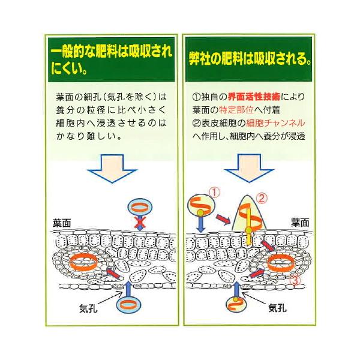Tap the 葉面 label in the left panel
[x=62, y=223]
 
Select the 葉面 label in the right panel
[x=300, y=223]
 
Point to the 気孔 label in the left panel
[x=88, y=308]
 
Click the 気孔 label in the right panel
[x=278, y=308]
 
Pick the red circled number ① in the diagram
[x=214, y=193]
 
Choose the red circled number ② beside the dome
[x=262, y=199]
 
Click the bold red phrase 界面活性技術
[x=254, y=97]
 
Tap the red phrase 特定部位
[x=236, y=110]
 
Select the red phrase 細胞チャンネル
[x=275, y=123]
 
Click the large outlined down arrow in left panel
[x=112, y=168]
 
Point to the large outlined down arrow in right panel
[x=249, y=168]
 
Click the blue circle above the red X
[x=140, y=208]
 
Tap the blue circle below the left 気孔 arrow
[x=128, y=305]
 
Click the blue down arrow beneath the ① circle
[x=201, y=224]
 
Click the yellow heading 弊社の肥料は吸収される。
[x=250, y=59]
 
